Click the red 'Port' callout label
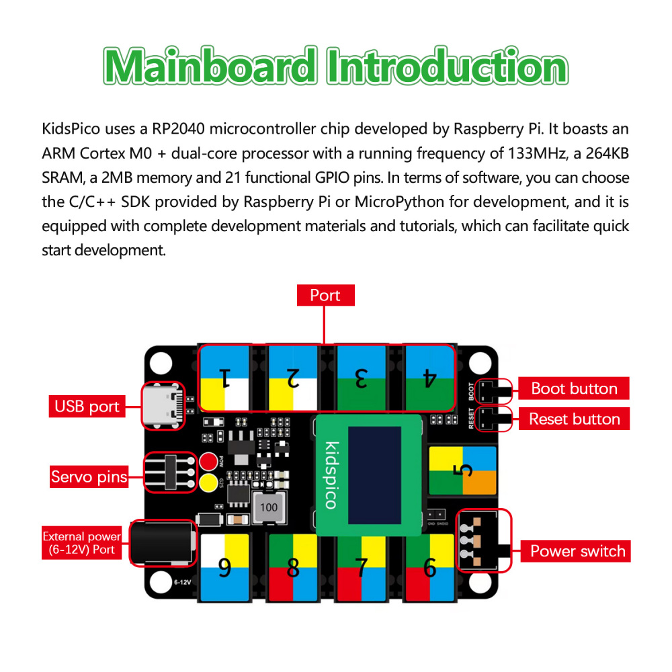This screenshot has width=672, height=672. click(325, 295)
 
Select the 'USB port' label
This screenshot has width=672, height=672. click(87, 407)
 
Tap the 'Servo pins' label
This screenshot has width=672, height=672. click(89, 477)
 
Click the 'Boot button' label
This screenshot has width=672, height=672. click(573, 388)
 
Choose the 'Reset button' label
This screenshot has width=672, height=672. click(573, 419)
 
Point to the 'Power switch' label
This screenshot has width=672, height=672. click(577, 551)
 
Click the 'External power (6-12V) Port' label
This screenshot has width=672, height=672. click(82, 543)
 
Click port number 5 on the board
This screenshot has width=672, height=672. click(462, 470)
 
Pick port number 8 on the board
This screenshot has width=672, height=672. click(293, 569)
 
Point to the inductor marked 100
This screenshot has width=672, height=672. click(269, 507)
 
